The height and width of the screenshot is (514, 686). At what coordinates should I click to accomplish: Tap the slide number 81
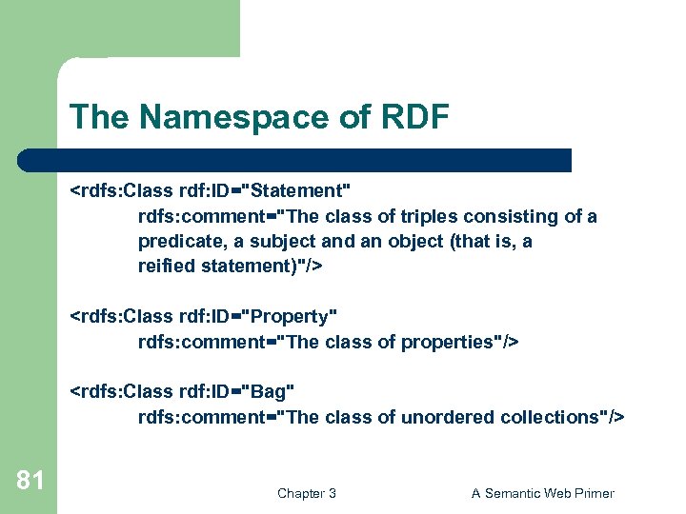(x=30, y=481)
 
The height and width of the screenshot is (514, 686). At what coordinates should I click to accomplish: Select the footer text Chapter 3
(x=306, y=493)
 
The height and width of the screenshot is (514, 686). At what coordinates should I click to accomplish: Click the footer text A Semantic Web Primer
(x=542, y=493)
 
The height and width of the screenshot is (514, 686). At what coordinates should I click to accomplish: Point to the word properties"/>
(x=469, y=341)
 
